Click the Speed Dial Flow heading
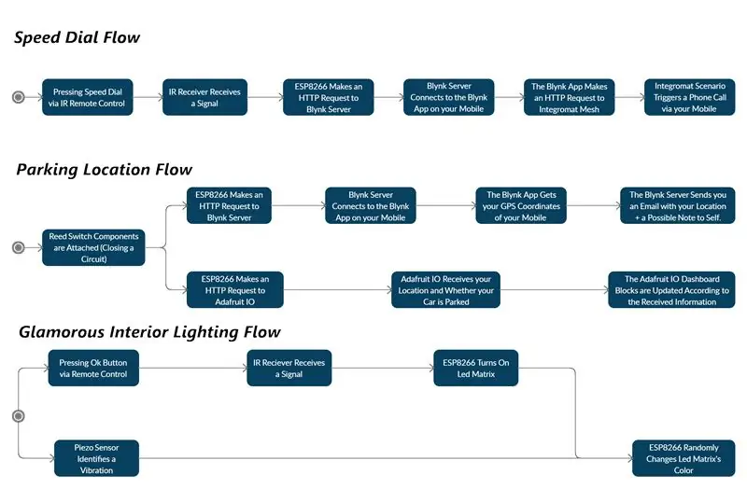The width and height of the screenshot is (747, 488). [x=77, y=37]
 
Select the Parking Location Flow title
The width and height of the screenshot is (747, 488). [x=104, y=170]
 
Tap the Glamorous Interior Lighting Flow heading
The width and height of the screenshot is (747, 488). [x=149, y=332]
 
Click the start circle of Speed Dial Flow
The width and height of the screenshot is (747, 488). [x=18, y=97]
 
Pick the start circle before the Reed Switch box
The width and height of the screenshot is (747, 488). [x=18, y=247]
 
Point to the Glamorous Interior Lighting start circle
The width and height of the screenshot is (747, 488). [x=18, y=416]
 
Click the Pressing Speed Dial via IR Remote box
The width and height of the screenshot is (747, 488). [x=88, y=97]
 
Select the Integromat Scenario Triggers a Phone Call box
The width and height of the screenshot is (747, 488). [x=689, y=97]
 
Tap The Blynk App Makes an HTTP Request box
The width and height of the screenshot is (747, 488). [x=570, y=97]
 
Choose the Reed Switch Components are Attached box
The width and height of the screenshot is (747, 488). [x=93, y=247]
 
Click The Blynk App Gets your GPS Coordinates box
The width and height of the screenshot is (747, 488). [x=521, y=205]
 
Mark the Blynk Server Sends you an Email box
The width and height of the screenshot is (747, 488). [x=678, y=205]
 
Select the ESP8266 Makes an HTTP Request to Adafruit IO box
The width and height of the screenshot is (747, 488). [x=235, y=290]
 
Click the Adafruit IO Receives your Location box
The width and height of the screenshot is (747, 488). [x=446, y=290]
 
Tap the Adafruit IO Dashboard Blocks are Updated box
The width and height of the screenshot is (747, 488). [x=671, y=290]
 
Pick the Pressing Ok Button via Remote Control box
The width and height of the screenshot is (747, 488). [x=93, y=368]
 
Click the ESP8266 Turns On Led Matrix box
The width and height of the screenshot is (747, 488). [x=476, y=368]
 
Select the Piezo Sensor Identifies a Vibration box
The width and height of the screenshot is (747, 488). [x=97, y=458]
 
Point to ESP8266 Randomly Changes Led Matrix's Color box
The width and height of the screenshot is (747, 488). [x=684, y=458]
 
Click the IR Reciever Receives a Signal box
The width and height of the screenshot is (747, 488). [x=289, y=368]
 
